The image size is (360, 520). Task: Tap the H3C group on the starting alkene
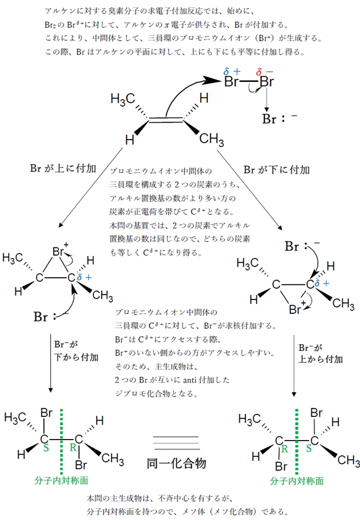123,98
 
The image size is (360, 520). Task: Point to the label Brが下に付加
276,169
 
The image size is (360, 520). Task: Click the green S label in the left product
46,449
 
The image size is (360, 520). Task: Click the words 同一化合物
176,463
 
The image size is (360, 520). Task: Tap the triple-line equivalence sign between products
176,442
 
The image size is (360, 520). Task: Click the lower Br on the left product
80,465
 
